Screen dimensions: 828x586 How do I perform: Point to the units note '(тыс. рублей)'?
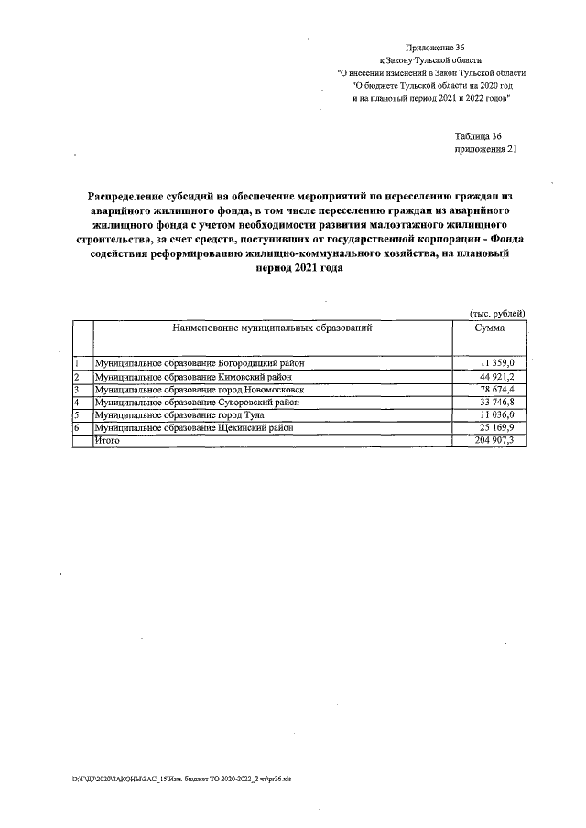point(497,313)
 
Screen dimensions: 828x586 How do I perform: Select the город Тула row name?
point(179,414)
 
